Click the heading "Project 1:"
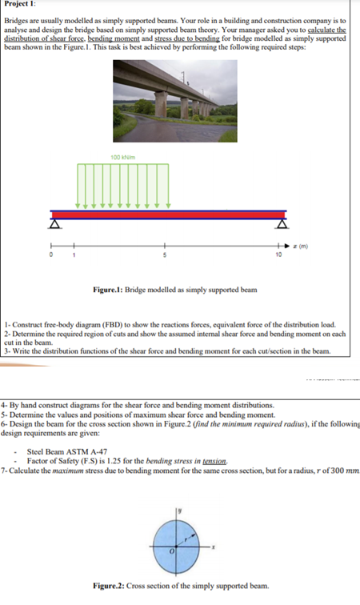coord(22,5)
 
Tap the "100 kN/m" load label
coord(122,156)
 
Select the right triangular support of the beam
coord(281,224)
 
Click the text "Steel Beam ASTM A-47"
coord(65,451)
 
